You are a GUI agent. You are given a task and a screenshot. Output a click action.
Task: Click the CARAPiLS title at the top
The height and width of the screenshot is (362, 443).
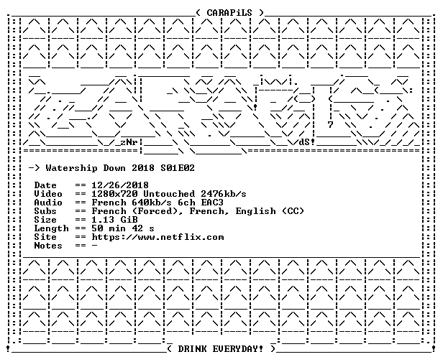pos(229,13)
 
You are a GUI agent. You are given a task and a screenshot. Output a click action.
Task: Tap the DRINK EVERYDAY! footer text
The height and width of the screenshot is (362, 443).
pos(220,349)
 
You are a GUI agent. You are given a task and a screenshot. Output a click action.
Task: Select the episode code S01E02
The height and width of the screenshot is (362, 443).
pos(178,168)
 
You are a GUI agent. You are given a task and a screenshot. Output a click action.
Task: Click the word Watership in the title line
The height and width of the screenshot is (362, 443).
pos(71,169)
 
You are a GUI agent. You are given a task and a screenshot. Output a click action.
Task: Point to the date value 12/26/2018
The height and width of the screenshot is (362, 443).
pos(120,185)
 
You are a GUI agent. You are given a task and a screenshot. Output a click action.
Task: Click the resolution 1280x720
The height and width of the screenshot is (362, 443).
pos(115,194)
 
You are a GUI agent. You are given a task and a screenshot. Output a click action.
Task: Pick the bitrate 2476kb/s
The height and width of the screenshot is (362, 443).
pos(224,194)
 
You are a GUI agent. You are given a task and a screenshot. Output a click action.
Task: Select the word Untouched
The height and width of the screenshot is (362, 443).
pos(169,194)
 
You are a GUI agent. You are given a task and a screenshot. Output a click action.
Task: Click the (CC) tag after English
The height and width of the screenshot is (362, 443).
pos(293,211)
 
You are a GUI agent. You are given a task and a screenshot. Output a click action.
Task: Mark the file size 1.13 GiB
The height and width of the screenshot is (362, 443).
pos(115,220)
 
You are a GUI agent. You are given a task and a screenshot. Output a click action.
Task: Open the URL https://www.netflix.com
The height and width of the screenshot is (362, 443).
pos(157,237)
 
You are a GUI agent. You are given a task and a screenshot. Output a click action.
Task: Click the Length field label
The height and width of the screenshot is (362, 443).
pos(52,228)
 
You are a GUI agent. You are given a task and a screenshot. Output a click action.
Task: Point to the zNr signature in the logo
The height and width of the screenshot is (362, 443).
pos(129,142)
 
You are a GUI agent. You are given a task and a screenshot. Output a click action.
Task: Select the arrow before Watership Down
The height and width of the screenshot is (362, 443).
pos(35,169)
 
